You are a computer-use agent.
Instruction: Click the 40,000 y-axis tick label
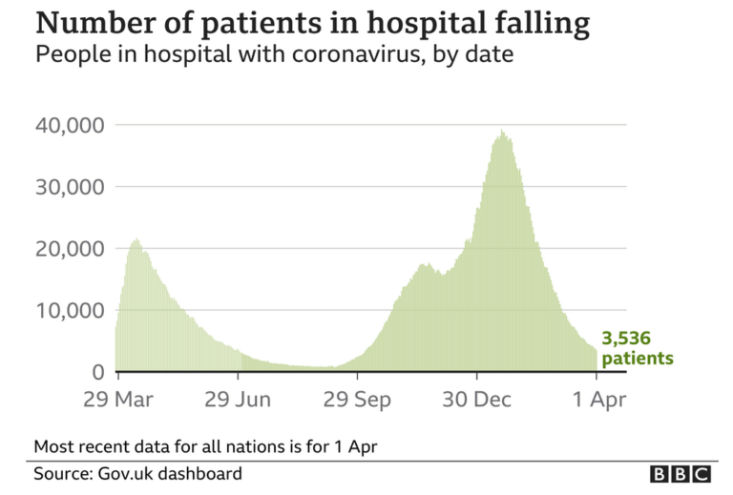pos(70,125)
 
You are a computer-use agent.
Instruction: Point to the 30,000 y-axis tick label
pos(70,187)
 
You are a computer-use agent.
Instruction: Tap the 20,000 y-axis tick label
pos(70,249)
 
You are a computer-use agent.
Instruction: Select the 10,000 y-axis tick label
pos(70,311)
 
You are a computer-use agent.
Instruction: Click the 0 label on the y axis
pos(97,372)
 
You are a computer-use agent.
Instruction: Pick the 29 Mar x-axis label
pos(118,399)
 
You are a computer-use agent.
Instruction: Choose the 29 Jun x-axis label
pos(238,399)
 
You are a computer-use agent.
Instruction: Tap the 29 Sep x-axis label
pos(357,399)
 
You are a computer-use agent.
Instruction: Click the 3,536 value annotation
pos(626,339)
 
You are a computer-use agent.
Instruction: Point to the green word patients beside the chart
pos(638,359)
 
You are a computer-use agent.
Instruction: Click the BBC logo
pos(681,474)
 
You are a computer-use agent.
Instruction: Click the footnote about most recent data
pos(211,445)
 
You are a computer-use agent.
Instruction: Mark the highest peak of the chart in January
pos(502,132)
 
